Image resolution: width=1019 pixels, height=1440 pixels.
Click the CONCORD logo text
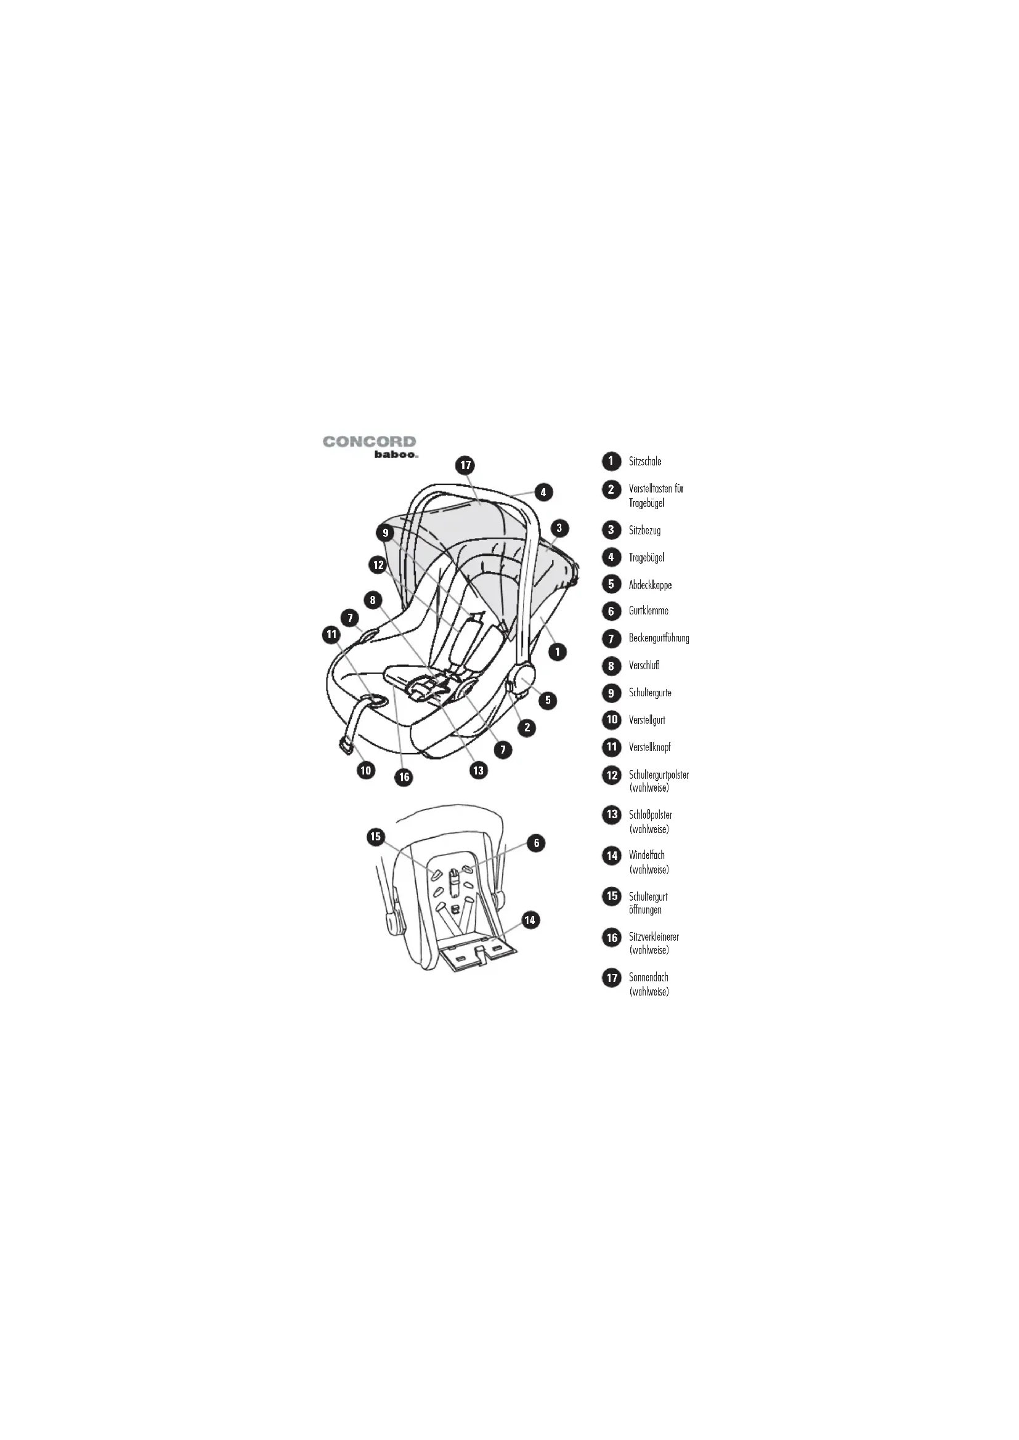[370, 441]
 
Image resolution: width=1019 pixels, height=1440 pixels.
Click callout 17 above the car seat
[465, 465]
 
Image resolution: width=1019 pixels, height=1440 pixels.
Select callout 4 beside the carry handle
[543, 492]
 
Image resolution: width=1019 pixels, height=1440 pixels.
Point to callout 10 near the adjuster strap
[366, 770]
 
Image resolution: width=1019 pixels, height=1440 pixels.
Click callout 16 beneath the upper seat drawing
[404, 777]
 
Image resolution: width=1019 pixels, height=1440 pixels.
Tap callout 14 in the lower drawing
[530, 920]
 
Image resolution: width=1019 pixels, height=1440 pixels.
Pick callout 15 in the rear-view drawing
[375, 837]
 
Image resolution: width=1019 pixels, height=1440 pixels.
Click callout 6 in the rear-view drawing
[537, 843]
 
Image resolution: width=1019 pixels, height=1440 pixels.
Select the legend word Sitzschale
[645, 462]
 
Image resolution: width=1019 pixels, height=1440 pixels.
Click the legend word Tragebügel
[646, 558]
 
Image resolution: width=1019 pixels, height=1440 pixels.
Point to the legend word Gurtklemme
[648, 610]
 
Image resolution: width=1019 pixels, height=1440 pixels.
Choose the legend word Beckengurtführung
[659, 638]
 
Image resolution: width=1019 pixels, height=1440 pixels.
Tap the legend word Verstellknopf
[649, 747]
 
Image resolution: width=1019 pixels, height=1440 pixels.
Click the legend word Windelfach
[646, 855]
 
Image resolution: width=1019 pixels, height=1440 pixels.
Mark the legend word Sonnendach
[648, 977]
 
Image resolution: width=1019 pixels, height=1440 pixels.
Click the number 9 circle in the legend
[611, 693]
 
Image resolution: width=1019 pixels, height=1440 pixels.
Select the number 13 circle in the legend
[611, 815]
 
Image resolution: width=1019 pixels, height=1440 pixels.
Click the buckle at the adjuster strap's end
[346, 746]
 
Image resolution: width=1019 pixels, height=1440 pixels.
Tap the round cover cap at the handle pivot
[525, 677]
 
